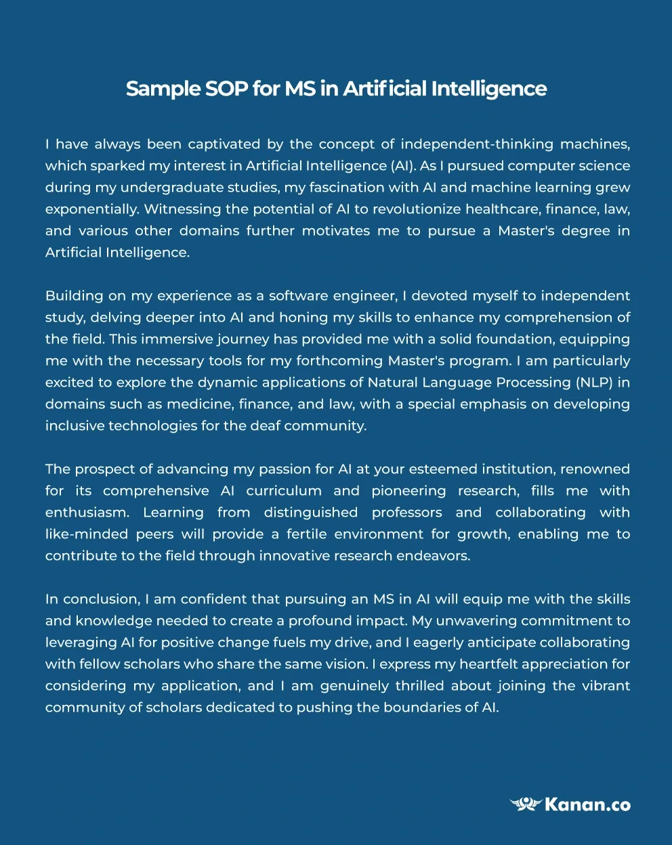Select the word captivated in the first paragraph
(224, 144)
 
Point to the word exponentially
(92, 209)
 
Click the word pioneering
(408, 491)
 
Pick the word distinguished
(311, 513)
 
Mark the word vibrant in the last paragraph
(605, 686)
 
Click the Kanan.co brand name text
(587, 804)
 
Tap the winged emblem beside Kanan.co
(526, 804)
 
